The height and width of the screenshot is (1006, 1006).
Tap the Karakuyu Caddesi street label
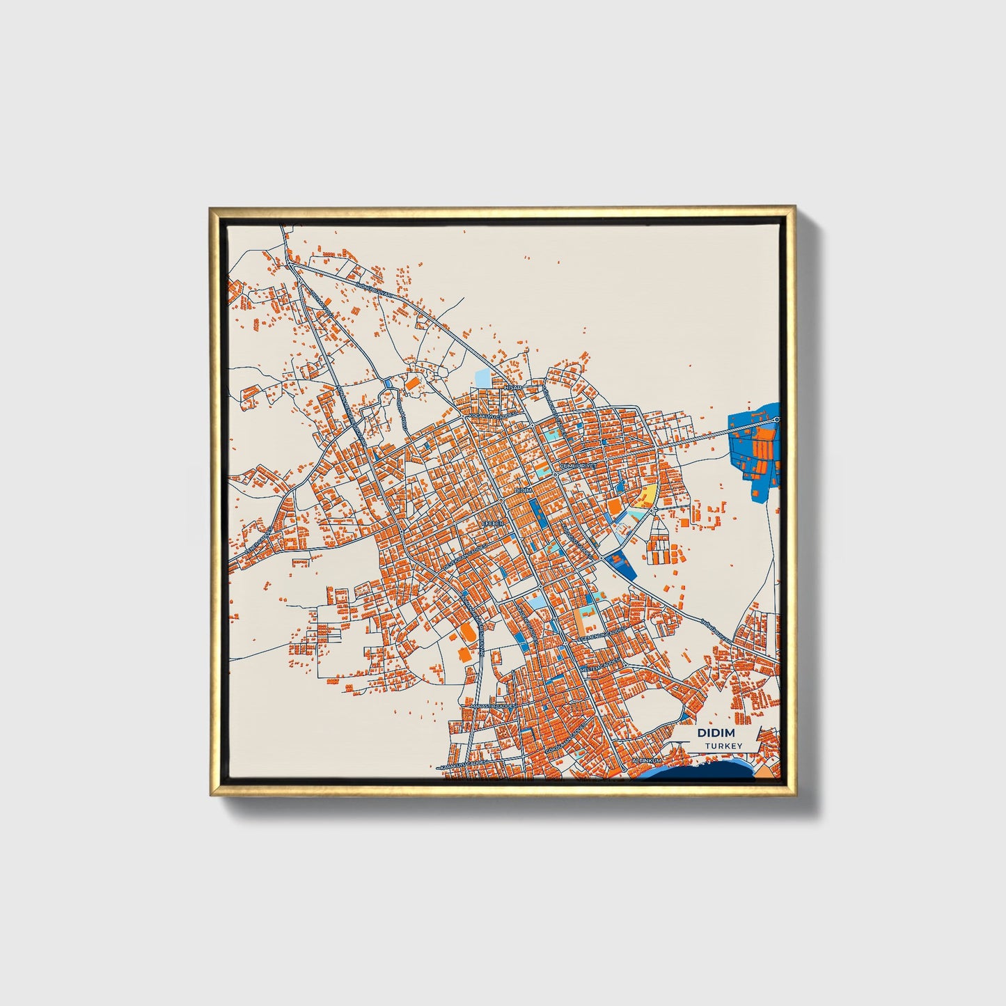pyautogui.click(x=468, y=765)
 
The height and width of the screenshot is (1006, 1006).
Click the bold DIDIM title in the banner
pyautogui.click(x=715, y=734)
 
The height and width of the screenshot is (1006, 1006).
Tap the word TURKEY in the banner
pyautogui.click(x=723, y=746)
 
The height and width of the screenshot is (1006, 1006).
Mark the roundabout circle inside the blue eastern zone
pyautogui.click(x=776, y=419)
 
